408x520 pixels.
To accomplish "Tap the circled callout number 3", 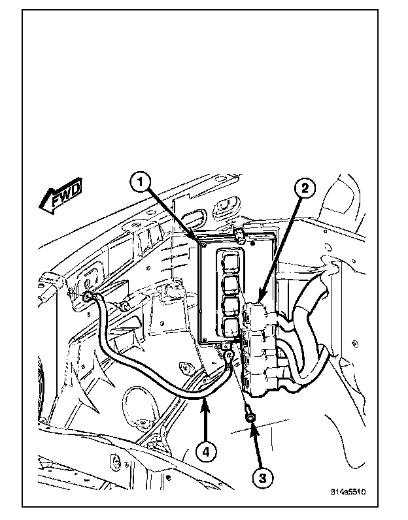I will [x=262, y=478].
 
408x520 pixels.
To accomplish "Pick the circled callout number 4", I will [x=206, y=451].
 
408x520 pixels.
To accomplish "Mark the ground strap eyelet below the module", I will [x=229, y=355].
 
